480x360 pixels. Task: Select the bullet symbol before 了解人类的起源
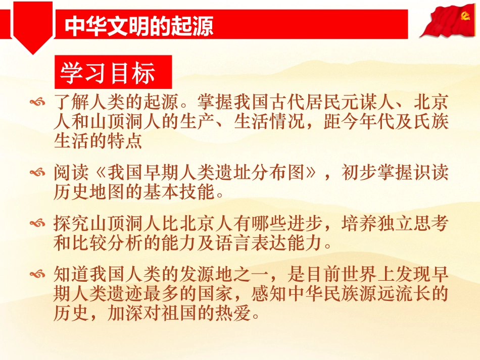(x=38, y=103)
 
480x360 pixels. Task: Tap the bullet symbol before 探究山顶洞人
(x=38, y=224)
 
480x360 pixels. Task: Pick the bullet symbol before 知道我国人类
(x=38, y=275)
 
